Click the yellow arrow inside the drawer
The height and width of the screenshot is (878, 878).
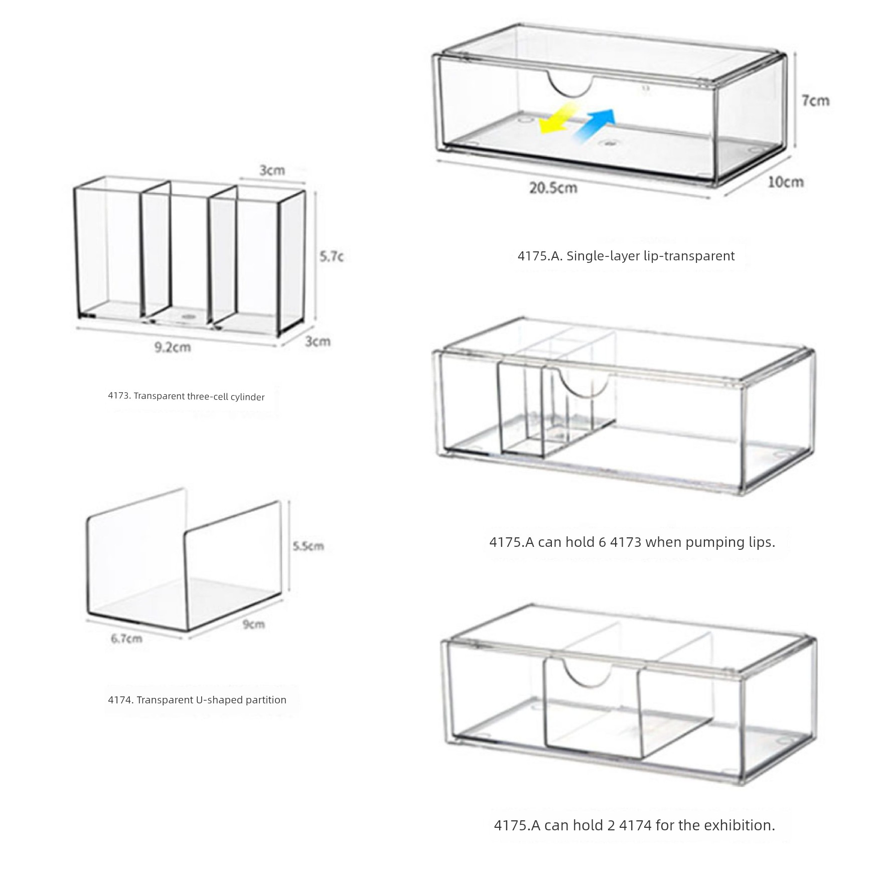(556, 118)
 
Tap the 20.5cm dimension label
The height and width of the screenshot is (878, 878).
(553, 188)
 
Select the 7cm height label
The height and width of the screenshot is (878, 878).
(815, 100)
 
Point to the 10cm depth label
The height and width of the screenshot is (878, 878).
(786, 182)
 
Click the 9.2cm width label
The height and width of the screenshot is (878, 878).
(172, 347)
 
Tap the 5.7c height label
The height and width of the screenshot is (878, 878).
(332, 256)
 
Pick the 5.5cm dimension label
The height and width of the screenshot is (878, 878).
(309, 546)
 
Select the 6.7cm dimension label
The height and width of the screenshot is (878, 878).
(126, 639)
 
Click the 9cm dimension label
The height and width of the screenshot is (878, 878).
(254, 624)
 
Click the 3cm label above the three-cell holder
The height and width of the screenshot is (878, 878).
(272, 171)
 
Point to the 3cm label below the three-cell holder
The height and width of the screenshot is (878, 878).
(318, 342)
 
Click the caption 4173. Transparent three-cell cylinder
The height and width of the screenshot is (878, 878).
(186, 396)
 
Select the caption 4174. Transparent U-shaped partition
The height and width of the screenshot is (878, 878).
(197, 700)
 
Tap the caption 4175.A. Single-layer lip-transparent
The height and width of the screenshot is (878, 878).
(626, 256)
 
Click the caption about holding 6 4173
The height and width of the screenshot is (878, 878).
(632, 542)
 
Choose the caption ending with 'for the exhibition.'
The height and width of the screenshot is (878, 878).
(634, 825)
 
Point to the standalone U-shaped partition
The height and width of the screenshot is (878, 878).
(184, 559)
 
